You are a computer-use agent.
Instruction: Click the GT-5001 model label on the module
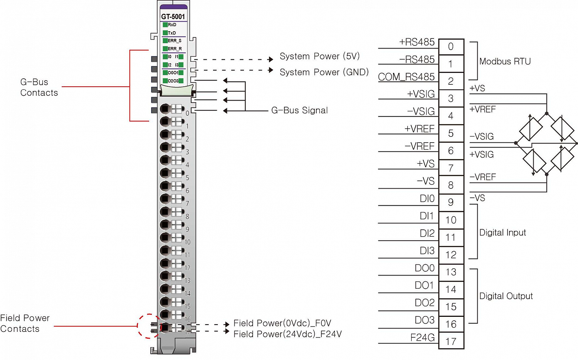coord(173,17)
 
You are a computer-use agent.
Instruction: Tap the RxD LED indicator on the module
coord(165,25)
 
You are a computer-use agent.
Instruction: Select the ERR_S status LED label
coord(175,40)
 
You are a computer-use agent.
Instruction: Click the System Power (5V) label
coord(319,56)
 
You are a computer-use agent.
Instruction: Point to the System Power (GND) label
coord(324,72)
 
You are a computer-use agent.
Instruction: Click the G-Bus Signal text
coord(299,110)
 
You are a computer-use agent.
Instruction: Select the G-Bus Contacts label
coord(39,87)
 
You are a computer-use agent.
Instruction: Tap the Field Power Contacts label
coord(25,323)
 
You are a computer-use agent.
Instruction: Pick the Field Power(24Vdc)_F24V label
coord(287,334)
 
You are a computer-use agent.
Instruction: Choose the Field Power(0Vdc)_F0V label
coord(282,323)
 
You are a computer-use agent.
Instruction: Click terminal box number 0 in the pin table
coord(451,47)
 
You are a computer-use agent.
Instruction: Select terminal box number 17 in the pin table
coord(451,341)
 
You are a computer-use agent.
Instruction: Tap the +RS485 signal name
coord(417,42)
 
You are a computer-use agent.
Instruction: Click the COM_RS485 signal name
coord(406,77)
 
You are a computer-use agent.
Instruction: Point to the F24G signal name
coord(422,338)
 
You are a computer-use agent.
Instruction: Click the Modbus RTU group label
coord(505,61)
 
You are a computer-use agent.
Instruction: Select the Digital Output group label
coord(506,296)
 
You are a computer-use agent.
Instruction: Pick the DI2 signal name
coord(427,233)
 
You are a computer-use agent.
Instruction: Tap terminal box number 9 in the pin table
coord(451,202)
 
